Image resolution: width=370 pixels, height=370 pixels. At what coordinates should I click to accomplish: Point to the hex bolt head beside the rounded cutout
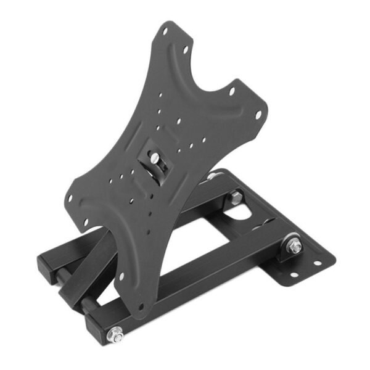[x=235, y=197]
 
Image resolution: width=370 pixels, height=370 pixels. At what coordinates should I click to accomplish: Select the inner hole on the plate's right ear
[x=232, y=92]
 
